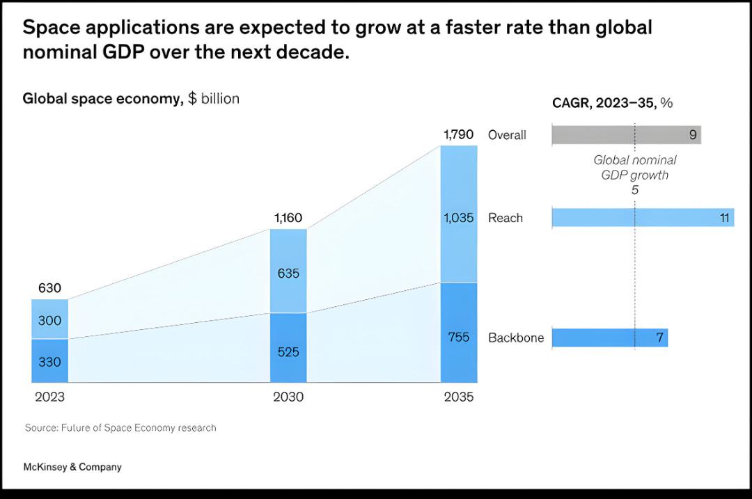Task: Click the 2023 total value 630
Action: (x=49, y=288)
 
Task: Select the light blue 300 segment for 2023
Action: (x=49, y=320)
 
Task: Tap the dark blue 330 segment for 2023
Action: (x=49, y=361)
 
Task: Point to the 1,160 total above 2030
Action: (x=288, y=219)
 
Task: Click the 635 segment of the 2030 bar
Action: (x=288, y=273)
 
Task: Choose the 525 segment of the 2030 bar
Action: (x=288, y=351)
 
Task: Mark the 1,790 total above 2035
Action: (x=459, y=134)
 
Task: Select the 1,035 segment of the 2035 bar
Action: (x=459, y=218)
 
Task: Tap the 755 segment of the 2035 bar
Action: (x=459, y=338)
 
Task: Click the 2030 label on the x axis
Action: (x=288, y=398)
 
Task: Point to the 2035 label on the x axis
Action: (x=459, y=398)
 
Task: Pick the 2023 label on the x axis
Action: (x=49, y=398)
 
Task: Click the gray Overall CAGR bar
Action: (x=626, y=135)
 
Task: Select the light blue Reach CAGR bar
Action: (x=642, y=218)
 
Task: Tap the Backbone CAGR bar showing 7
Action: (x=609, y=338)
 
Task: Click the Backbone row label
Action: (x=516, y=338)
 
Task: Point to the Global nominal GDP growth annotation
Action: (x=634, y=174)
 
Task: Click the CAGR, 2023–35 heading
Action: (x=612, y=103)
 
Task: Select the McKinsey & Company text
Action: (x=72, y=467)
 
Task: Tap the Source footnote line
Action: (x=120, y=427)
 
